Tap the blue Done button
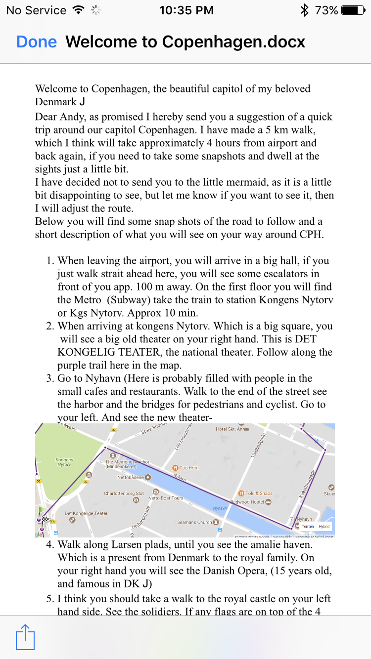coord(37,42)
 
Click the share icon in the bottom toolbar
coord(25,637)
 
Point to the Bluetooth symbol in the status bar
coord(304,10)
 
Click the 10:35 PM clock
coord(186,10)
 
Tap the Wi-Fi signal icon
coord(78,10)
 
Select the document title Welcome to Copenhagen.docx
coord(185,42)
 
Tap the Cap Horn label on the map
coord(188,467)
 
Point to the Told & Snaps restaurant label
coord(259,493)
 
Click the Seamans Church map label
coord(194,522)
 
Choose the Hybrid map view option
coord(324,526)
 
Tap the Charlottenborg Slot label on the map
coord(124,494)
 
